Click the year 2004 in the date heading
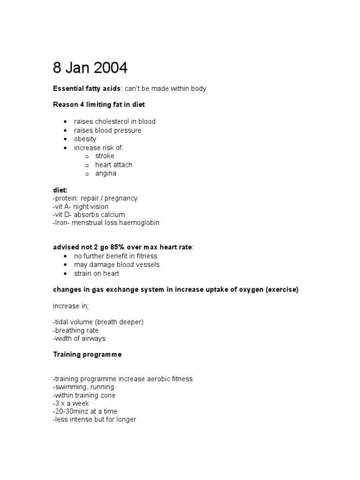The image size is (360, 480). point(110,68)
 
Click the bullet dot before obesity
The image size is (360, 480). point(65,139)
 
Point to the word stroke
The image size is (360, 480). point(105,156)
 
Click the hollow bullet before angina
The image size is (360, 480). point(87,174)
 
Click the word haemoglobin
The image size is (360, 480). point(140,223)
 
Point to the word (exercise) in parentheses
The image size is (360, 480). point(282,290)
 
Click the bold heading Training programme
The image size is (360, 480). point(87,354)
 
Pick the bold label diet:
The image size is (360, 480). point(60,190)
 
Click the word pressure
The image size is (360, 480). point(127,130)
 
